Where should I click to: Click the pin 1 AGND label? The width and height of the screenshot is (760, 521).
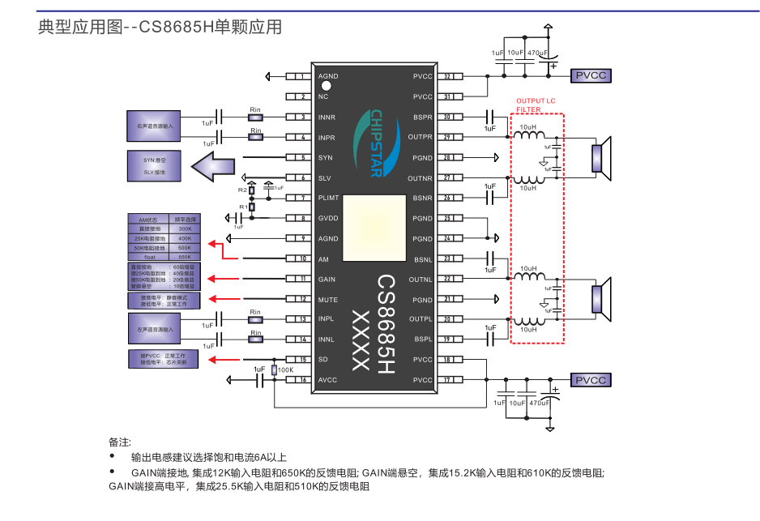coord(328,76)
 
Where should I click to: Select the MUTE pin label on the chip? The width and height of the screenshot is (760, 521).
coord(327,299)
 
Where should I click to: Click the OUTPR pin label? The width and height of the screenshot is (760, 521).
coord(421,137)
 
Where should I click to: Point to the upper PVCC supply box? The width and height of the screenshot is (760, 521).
coord(591,76)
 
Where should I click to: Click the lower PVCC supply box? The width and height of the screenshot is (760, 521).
coord(591,380)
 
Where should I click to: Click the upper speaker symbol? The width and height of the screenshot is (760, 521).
coord(600,157)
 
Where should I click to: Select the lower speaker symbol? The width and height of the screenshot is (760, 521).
coord(600,299)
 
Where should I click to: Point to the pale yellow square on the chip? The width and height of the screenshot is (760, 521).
coord(374,228)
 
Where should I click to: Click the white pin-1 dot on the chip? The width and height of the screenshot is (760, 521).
coord(327,86)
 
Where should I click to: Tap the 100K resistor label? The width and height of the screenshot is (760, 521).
coord(285,369)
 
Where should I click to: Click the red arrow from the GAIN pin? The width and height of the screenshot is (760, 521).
coord(227,279)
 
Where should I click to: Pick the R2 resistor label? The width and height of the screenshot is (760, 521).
coord(242,189)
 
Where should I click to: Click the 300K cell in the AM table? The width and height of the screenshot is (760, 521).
coord(184,229)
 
